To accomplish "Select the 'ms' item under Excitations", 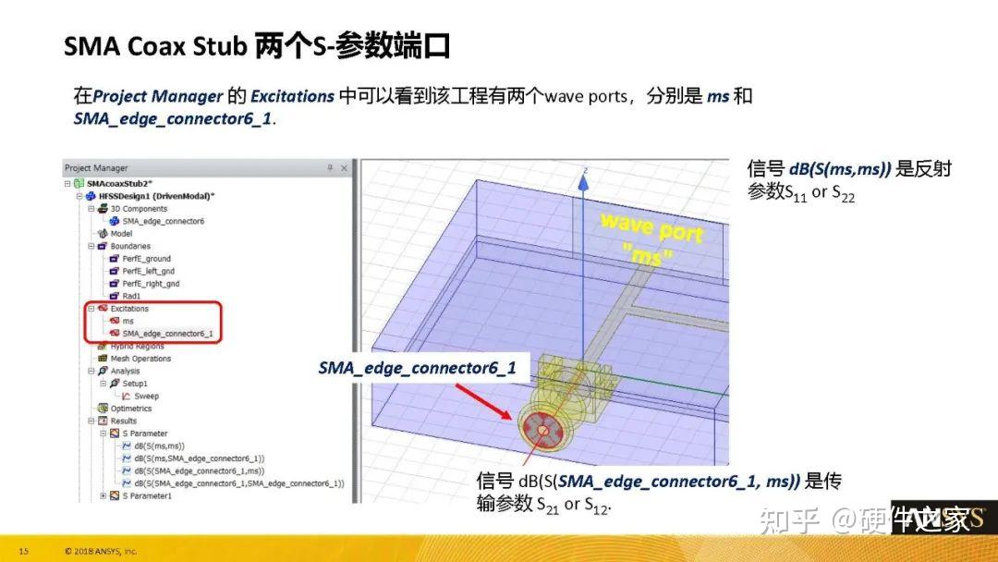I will click(128, 321).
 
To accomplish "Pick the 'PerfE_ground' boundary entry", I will click(146, 259).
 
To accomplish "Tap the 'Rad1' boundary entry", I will click(131, 296).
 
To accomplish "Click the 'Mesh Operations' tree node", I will click(140, 359).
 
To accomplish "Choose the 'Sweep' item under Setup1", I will click(146, 396).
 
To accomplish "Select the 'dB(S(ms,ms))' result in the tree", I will click(160, 446).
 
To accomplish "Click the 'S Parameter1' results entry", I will click(147, 495).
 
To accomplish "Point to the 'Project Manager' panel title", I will click(96, 168).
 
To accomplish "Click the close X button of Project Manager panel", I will click(345, 168).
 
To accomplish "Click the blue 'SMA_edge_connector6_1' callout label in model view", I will click(417, 368).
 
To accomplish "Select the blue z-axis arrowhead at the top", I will click(583, 180).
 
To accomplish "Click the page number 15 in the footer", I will click(24, 552).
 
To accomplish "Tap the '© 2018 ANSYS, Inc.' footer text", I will click(101, 552).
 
